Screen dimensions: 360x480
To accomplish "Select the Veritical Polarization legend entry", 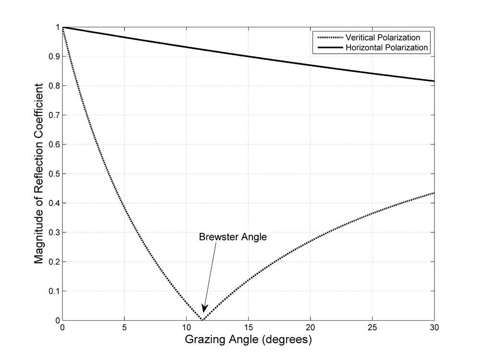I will click(383, 38).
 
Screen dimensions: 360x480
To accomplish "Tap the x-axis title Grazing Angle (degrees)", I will click(248, 341).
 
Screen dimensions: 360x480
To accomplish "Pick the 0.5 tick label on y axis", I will click(52, 174).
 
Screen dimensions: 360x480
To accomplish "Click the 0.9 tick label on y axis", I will click(52, 57).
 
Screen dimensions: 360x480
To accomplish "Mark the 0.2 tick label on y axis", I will click(52, 262).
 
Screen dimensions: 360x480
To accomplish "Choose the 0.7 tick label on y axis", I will click(52, 115).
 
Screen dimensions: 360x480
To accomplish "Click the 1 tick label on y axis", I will click(56, 27).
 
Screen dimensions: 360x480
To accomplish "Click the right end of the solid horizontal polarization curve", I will click(434, 81).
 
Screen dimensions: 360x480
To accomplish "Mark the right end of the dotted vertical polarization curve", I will click(434, 192).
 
